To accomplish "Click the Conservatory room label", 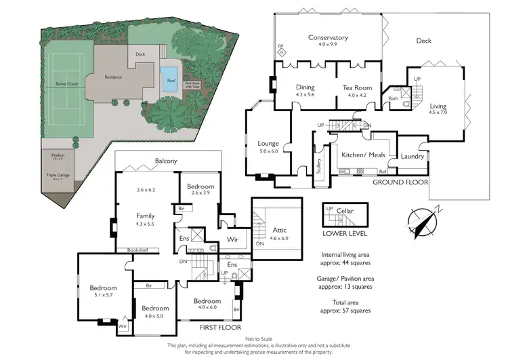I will pyautogui.click(x=328, y=37).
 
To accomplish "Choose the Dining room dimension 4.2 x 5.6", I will pyautogui.click(x=305, y=96).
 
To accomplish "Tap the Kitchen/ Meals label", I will pyautogui.click(x=363, y=155).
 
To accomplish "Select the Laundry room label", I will pyautogui.click(x=412, y=157).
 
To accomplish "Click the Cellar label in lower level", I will pyautogui.click(x=345, y=211).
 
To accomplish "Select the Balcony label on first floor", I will pyautogui.click(x=166, y=161).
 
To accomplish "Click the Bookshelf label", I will pyautogui.click(x=138, y=250).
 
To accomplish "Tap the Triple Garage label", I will pyautogui.click(x=58, y=175).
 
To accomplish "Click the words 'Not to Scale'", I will pyautogui.click(x=254, y=338).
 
